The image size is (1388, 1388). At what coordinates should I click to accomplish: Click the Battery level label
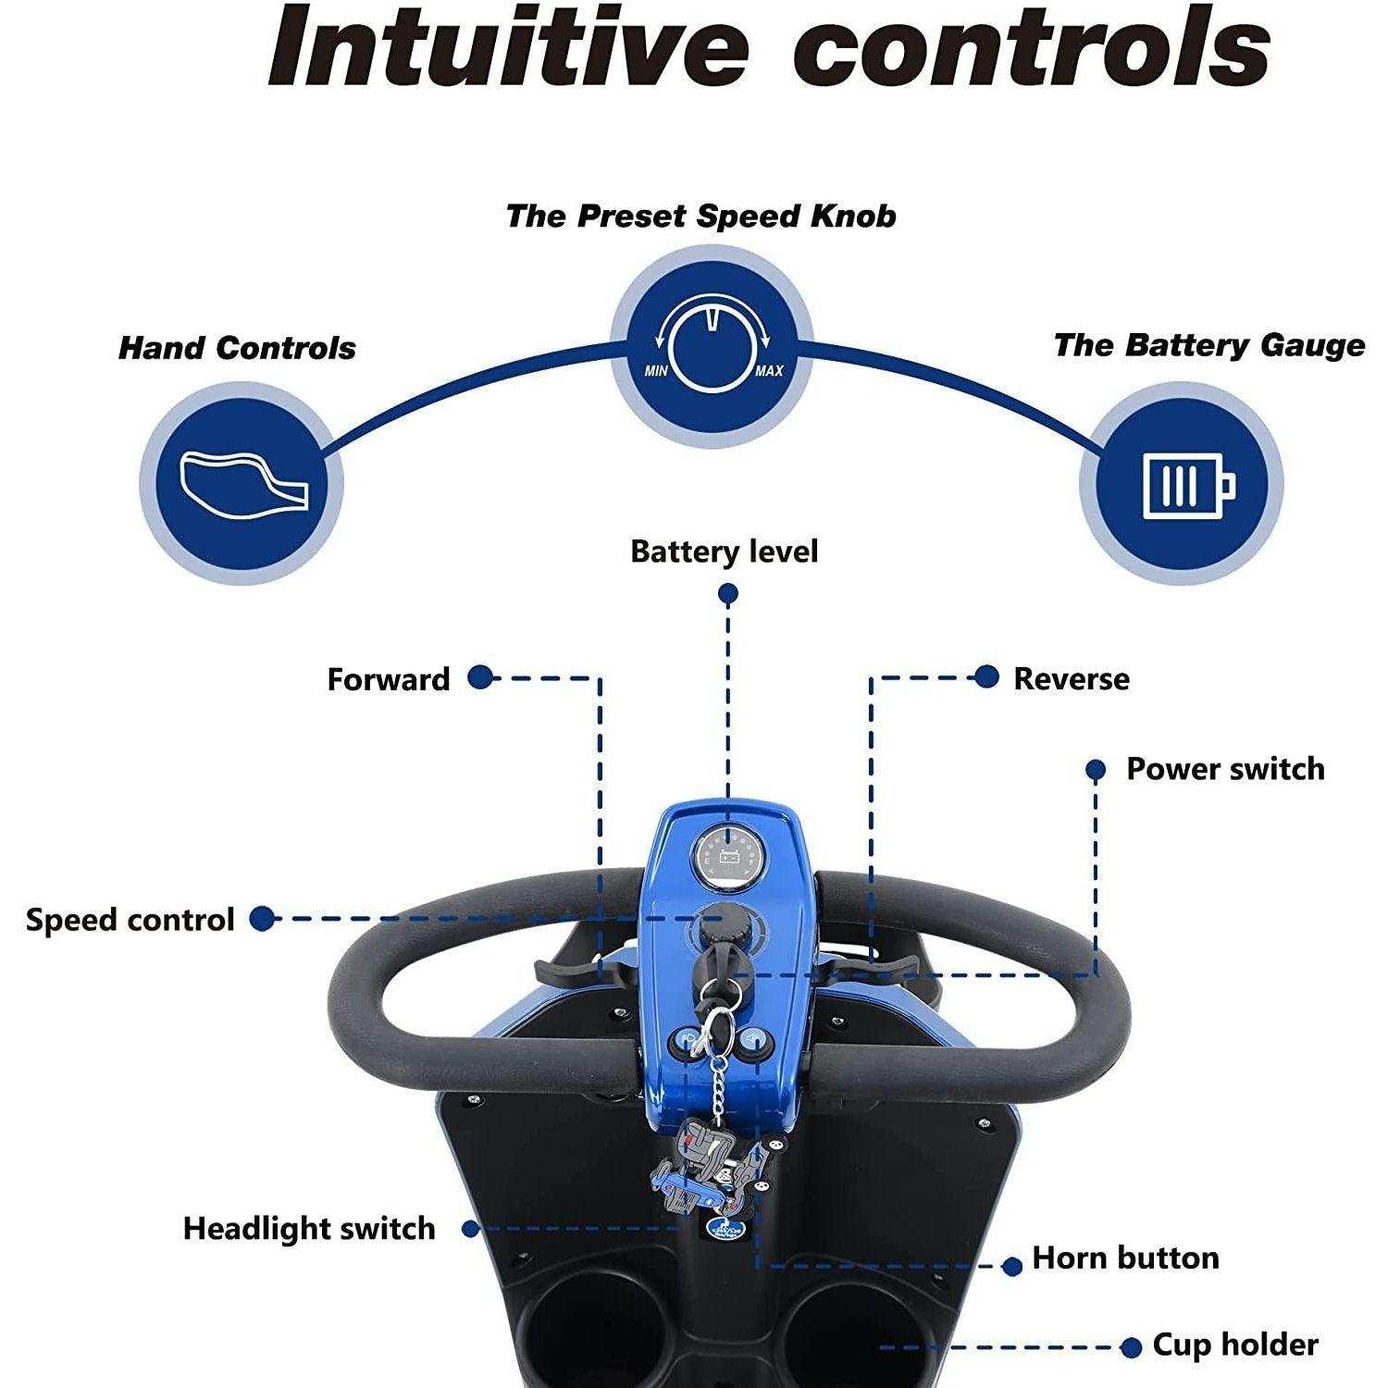(724, 552)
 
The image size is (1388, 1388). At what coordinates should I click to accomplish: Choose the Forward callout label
(388, 679)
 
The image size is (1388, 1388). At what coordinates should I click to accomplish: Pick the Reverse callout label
(1071, 678)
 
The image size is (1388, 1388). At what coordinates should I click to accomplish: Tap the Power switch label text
(1224, 769)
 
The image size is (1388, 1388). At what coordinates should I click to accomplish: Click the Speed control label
(130, 920)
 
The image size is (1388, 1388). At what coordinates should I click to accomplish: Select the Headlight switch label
(309, 1229)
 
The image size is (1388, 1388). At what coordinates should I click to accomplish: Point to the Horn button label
(1125, 1258)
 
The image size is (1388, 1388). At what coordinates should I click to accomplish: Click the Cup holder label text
(1234, 1345)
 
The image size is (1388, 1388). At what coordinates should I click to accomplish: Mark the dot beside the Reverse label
(987, 677)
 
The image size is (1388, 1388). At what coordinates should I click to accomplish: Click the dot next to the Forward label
(479, 677)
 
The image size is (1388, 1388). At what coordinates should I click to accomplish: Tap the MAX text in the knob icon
(768, 371)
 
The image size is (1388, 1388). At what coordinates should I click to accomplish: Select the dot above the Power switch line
(1096, 769)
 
